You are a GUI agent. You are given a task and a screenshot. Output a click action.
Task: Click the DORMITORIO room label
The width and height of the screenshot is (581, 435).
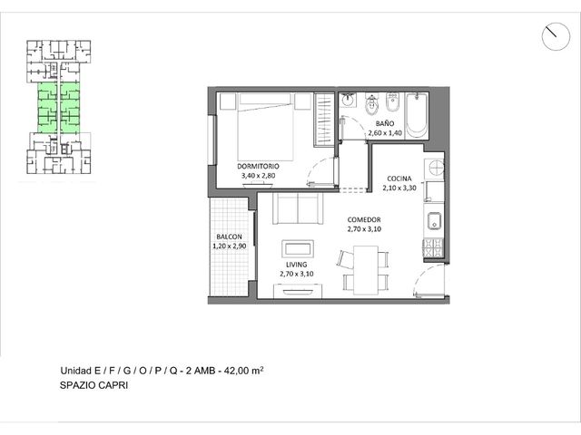tap(258, 166)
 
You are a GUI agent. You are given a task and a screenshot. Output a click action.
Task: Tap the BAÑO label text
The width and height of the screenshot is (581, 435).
tap(385, 123)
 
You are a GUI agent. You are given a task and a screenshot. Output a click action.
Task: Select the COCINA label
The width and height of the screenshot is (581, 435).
tap(399, 179)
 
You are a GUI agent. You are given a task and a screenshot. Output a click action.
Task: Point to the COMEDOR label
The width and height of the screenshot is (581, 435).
tap(364, 219)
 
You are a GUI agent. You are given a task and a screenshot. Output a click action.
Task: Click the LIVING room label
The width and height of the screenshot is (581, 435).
tap(297, 265)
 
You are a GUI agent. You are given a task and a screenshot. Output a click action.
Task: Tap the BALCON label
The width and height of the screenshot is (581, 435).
tap(229, 237)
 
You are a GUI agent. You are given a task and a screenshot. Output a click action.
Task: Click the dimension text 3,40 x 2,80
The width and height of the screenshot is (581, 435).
tap(258, 176)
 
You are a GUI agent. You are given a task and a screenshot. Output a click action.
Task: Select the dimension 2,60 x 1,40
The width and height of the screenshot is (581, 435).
tap(385, 133)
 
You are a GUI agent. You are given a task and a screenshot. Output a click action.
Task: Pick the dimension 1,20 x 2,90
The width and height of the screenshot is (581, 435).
tap(230, 246)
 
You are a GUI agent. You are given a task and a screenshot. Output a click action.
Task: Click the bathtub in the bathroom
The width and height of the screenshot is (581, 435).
tap(417, 115)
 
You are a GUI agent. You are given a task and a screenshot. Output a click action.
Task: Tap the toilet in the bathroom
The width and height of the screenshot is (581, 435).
tap(371, 104)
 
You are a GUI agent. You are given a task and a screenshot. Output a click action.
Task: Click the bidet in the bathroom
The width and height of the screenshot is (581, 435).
tap(392, 102)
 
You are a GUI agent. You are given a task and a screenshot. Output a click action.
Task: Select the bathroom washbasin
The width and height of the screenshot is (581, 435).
tap(348, 100)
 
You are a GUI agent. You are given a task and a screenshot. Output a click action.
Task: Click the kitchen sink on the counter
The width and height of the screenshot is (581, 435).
tap(434, 221)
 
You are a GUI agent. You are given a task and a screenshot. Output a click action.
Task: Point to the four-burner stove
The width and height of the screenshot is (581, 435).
tap(434, 247)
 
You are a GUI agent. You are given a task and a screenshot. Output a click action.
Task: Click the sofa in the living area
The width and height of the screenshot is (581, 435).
tap(298, 208)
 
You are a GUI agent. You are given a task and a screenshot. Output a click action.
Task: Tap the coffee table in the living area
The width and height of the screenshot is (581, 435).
tap(298, 249)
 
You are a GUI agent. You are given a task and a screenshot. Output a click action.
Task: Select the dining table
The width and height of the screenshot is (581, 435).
tap(366, 270)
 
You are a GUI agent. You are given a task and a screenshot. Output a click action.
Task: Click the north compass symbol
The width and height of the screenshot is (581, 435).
tap(556, 36)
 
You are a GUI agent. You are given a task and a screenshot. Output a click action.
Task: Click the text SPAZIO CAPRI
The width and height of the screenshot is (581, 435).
tap(94, 385)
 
